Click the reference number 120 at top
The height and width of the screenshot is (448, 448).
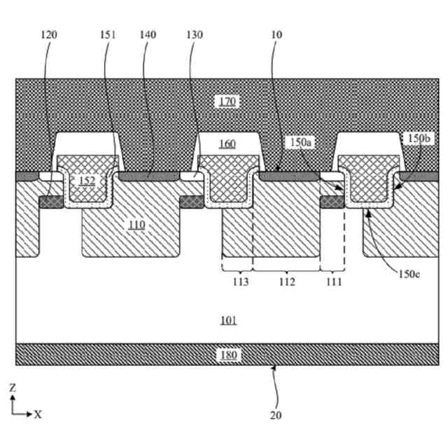[x=49, y=34]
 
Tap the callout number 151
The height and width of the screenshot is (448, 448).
[x=107, y=34]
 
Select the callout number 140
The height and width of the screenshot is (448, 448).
[x=148, y=34]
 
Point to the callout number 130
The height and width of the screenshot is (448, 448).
[x=195, y=34]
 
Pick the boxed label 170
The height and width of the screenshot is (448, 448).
[x=227, y=102]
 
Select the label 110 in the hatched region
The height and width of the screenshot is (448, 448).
[x=136, y=225]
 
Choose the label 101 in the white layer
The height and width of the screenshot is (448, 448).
[x=228, y=321]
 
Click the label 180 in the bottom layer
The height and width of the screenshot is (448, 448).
[x=228, y=355]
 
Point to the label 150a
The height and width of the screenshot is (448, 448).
[x=301, y=142]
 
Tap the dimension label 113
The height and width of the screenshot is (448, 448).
[x=240, y=282]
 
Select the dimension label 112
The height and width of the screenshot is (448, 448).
[x=286, y=282]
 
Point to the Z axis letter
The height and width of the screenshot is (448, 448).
[x=13, y=387]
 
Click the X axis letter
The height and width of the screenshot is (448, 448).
[x=38, y=414]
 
